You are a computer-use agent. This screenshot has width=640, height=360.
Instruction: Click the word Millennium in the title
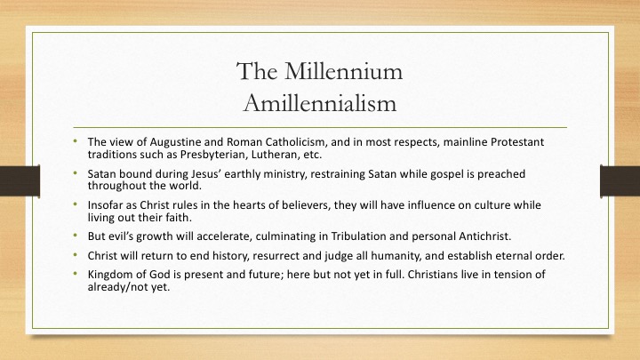pyautogui.click(x=343, y=71)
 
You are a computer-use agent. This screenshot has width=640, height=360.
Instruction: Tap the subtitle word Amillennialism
pyautogui.click(x=320, y=103)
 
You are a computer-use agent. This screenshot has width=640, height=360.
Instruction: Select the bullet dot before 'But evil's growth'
pyautogui.click(x=75, y=235)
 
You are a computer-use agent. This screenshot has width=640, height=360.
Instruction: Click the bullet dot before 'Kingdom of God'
pyautogui.click(x=75, y=273)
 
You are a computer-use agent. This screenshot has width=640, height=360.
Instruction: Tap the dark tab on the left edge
pyautogui.click(x=20, y=180)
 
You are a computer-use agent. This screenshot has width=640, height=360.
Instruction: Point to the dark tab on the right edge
pyautogui.click(x=620, y=180)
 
